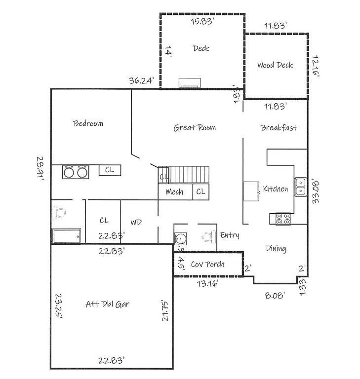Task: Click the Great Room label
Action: (x=195, y=128)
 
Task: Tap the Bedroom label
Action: (x=88, y=123)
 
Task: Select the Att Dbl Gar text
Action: (x=107, y=304)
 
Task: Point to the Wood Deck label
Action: (x=275, y=65)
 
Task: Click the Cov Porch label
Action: (x=207, y=265)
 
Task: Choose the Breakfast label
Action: (x=279, y=128)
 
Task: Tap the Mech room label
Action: (x=174, y=192)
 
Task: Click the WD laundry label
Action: (x=136, y=223)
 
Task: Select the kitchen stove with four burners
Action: (x=283, y=219)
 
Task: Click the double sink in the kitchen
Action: (x=300, y=186)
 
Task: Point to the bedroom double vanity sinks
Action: (x=75, y=172)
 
